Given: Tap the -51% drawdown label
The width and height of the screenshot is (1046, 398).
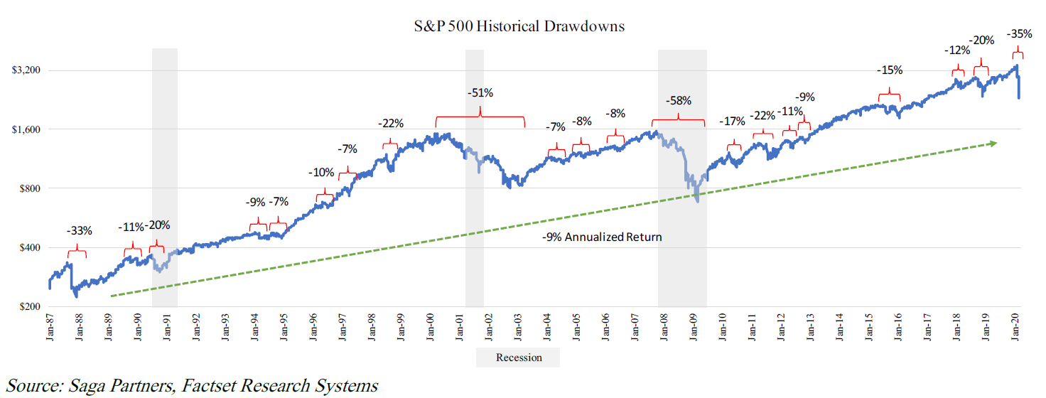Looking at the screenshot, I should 480,93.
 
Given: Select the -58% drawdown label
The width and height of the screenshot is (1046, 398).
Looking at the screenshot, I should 678,101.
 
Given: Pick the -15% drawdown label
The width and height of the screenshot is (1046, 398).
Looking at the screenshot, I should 889,70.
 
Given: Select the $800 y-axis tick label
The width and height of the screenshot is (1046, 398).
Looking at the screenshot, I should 28,188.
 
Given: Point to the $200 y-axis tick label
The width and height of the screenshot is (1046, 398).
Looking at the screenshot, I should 28,306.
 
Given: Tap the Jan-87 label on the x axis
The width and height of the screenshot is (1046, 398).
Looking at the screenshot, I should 49,328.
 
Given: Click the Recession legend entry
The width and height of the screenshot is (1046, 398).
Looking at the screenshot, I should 517,357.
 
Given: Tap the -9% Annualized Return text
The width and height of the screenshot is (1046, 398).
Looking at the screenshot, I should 601,237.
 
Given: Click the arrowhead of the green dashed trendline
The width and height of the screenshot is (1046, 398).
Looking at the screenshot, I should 993,143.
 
